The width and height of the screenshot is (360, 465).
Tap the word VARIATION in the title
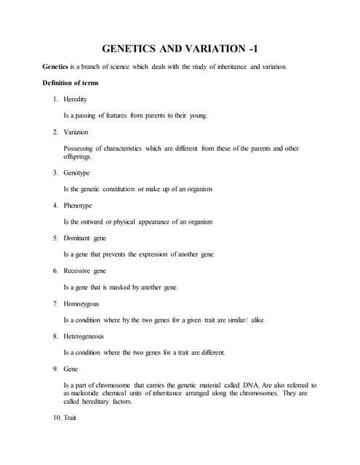210,49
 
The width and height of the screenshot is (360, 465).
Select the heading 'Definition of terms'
71,84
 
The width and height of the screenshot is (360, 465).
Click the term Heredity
76,99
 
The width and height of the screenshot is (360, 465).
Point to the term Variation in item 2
76,132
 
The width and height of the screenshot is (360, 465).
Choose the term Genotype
77,173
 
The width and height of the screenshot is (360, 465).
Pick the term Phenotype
78,206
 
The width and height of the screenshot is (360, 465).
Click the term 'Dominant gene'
85,238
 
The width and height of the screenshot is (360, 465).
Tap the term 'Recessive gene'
85,270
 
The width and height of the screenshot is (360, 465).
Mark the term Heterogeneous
84,336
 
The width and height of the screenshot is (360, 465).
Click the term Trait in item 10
71,418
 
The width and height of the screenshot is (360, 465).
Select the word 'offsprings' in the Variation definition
78,156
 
